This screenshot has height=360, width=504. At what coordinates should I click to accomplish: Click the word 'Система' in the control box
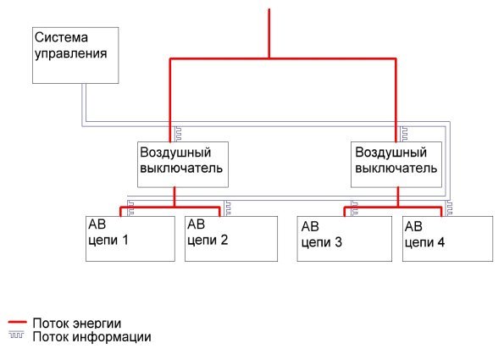pos(61,37)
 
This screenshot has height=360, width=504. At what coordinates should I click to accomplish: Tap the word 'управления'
pos(70,53)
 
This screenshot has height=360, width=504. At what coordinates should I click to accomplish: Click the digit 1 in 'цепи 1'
pos(125,240)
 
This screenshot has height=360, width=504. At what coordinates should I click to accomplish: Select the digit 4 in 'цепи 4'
pos(440,242)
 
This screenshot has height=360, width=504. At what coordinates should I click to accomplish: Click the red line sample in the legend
pos(17,322)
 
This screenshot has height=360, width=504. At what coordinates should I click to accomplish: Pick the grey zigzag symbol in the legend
pos(16,335)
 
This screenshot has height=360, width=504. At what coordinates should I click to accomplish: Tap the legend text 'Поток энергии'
pos(77,324)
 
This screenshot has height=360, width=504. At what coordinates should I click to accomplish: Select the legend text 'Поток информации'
pos(92,337)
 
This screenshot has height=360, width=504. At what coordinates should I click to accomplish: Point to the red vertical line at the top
pos(269,33)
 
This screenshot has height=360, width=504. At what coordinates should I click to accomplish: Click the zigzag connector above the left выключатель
pos(177,134)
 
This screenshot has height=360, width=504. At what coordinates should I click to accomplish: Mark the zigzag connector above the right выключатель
pos(403,134)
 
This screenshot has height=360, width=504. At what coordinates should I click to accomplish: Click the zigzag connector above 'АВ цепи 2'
pos(227,208)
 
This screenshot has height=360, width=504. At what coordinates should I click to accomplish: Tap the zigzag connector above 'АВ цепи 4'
pos(449,208)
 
